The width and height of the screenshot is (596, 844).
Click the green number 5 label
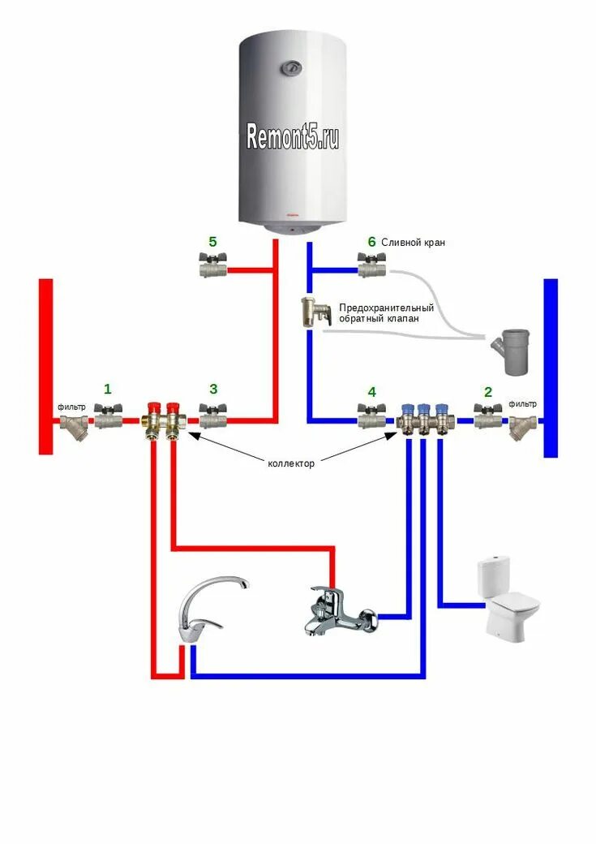click(212, 242)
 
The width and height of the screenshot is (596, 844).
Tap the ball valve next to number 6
click(371, 266)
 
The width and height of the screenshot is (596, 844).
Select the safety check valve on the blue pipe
click(314, 312)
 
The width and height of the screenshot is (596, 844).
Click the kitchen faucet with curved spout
click(209, 609)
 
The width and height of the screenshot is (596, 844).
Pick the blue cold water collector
click(424, 420)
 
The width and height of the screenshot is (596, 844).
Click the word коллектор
click(291, 463)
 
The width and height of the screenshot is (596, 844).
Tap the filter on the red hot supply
click(75, 424)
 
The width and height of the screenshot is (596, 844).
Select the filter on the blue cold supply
click(521, 424)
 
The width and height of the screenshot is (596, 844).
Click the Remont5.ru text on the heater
click(293, 137)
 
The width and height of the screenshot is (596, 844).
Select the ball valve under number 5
click(212, 266)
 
